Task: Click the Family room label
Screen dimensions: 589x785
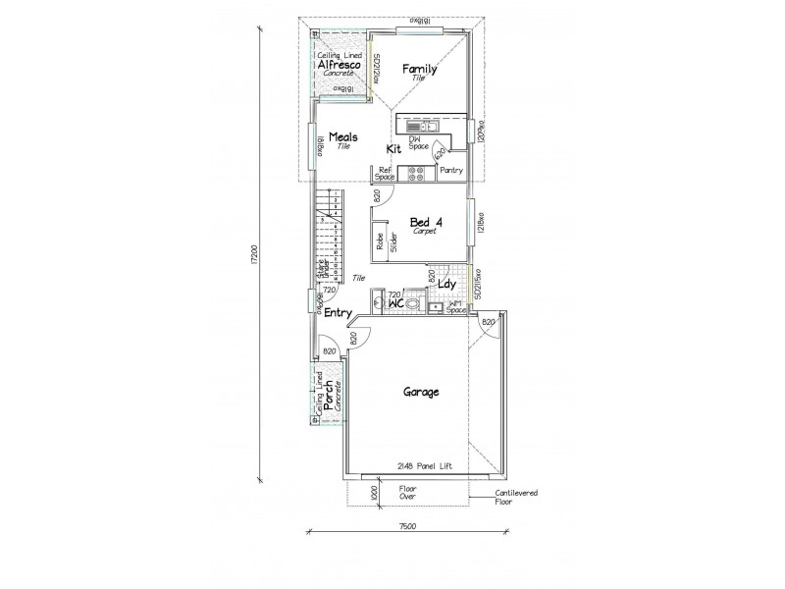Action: (x=420, y=69)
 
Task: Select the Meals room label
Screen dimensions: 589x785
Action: (x=342, y=137)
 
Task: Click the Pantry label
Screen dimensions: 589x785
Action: (x=451, y=171)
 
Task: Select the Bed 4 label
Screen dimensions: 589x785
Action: (x=425, y=223)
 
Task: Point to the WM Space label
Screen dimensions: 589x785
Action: (x=454, y=308)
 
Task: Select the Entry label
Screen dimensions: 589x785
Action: (x=339, y=313)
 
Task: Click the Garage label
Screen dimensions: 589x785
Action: (x=420, y=391)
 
